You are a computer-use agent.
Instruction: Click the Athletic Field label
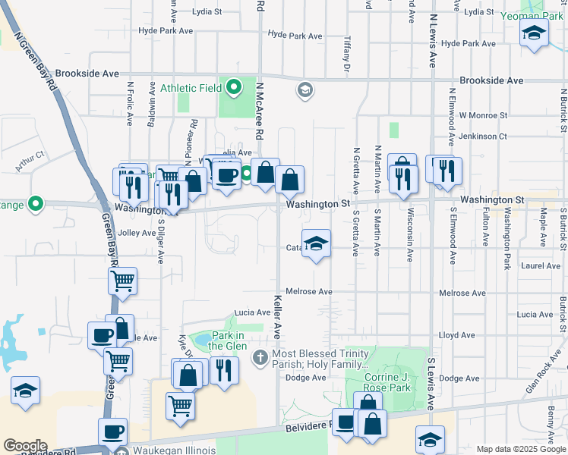191,88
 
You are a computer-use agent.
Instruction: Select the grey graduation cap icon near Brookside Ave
305,91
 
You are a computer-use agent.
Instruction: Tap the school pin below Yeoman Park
534,33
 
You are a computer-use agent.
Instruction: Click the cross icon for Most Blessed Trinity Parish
260,356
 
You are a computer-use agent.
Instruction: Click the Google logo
25,445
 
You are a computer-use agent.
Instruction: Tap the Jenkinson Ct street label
481,136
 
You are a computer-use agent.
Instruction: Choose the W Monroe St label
481,115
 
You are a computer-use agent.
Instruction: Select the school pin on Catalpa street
317,244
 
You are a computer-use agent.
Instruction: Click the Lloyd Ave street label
456,335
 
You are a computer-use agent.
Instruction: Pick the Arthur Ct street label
31,161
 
